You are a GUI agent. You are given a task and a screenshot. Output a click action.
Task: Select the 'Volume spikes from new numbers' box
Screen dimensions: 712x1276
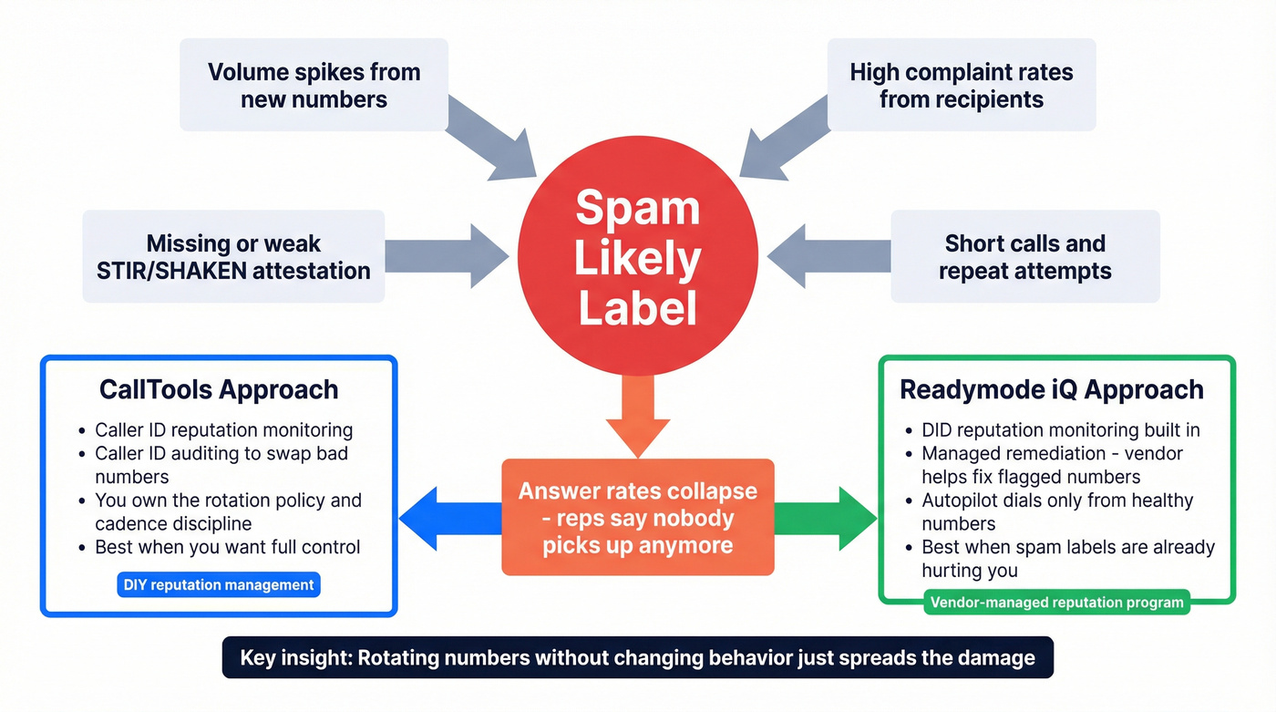pos(314,85)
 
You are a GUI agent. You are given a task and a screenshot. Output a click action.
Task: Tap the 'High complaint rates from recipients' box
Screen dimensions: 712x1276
pos(961,85)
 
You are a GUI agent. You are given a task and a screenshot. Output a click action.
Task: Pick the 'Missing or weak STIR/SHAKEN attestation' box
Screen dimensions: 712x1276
pos(233,257)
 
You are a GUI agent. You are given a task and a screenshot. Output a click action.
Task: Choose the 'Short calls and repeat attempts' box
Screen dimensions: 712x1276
pos(1024,257)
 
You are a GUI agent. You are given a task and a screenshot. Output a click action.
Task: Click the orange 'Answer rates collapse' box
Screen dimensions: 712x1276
pos(637,517)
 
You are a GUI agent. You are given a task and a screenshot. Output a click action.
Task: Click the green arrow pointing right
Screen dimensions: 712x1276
pos(825,519)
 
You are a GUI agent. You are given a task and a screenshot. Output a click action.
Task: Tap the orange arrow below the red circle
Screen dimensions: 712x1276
pos(637,415)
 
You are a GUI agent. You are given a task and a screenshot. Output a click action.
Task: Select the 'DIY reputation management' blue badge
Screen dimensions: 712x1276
pos(219,585)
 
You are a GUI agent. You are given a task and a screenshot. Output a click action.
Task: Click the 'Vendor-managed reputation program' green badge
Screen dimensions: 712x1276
pos(1056,602)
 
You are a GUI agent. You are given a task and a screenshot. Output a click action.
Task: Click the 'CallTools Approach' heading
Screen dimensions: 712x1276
pos(219,390)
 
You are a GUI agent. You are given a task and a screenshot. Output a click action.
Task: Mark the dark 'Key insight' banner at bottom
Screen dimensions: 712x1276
pos(637,657)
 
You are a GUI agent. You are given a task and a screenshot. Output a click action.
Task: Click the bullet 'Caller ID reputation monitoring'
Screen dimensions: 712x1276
pos(223,430)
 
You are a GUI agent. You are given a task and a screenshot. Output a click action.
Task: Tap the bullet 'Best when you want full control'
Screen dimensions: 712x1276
pos(227,547)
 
